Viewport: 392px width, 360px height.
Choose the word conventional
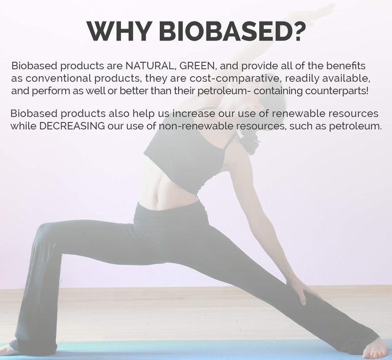pyautogui.click(x=57, y=79)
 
